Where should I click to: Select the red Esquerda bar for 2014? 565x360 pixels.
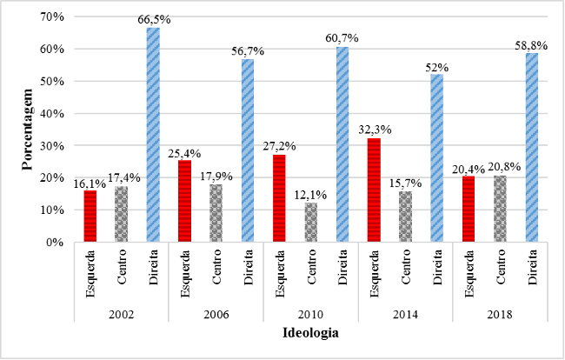coord(374,190)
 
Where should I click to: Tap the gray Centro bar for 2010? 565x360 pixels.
coord(311,223)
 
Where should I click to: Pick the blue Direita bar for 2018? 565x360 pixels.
coord(531,147)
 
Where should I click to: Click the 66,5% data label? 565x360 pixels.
coord(153,22)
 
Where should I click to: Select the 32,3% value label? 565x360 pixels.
coord(374,130)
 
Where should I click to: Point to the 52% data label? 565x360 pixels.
coord(436,67)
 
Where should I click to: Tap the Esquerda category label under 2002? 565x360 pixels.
coord(90,273)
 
